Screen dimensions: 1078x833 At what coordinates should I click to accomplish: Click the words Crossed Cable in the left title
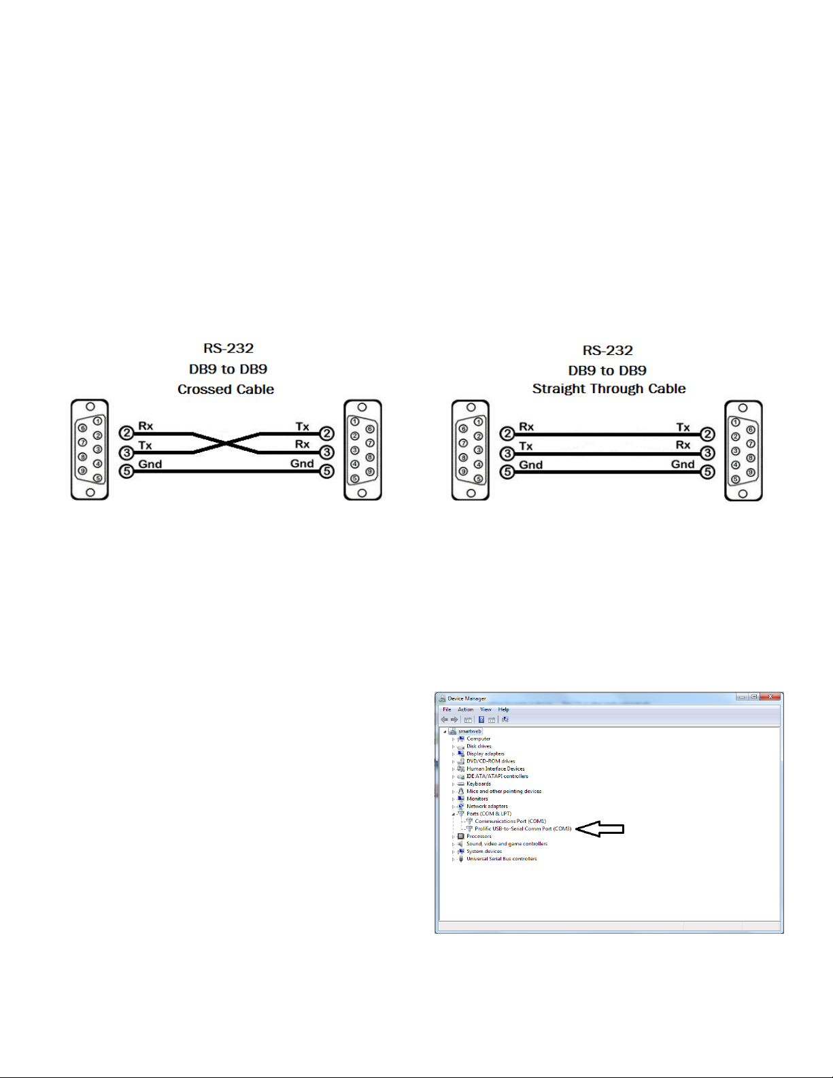click(226, 390)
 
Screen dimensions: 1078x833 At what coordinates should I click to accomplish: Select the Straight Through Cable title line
click(609, 389)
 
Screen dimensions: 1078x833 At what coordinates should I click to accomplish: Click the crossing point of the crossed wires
click(226, 443)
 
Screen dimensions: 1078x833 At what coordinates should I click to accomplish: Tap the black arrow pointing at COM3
click(600, 828)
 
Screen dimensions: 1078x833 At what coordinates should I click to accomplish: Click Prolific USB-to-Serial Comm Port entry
click(522, 828)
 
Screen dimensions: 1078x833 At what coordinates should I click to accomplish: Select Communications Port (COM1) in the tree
click(510, 821)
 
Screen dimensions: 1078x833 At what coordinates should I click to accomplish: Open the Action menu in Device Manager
click(465, 709)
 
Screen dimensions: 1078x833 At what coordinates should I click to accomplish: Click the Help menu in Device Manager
click(503, 709)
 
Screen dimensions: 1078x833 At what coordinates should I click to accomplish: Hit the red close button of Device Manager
click(770, 697)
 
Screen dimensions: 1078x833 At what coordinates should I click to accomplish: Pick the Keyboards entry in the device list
click(478, 784)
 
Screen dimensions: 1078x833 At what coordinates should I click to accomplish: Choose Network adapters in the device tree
click(487, 806)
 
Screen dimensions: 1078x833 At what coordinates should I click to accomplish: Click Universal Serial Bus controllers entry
click(501, 858)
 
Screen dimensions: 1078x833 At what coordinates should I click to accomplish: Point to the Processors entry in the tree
click(479, 836)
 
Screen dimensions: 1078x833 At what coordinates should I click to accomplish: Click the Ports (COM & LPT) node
click(488, 813)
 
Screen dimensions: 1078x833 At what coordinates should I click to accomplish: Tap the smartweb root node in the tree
click(469, 731)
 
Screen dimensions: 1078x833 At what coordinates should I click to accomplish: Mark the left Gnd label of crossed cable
click(150, 465)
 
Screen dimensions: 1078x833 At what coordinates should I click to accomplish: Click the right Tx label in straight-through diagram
click(683, 427)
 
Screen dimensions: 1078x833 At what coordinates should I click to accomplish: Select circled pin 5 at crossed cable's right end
click(327, 471)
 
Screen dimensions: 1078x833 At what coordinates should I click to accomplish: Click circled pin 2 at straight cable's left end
click(507, 434)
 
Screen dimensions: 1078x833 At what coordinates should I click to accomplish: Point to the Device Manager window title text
click(466, 698)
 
